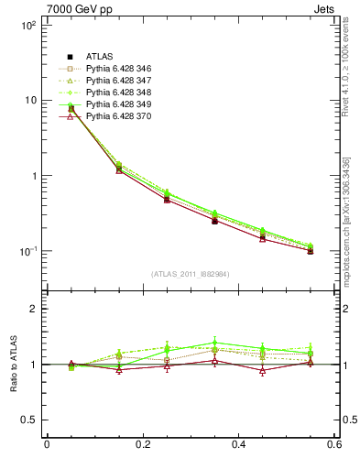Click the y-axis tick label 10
28,100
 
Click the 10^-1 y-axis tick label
26,250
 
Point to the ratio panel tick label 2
33,309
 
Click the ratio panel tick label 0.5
28,420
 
